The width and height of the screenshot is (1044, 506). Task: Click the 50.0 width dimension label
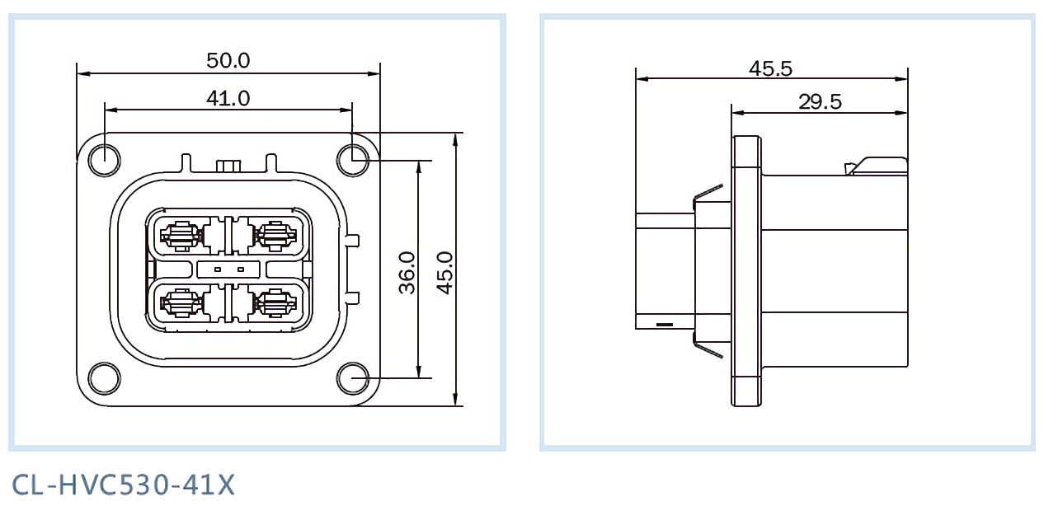coord(228,60)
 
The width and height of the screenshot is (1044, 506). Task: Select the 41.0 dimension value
coord(228,98)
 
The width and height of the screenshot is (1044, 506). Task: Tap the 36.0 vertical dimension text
coord(407,273)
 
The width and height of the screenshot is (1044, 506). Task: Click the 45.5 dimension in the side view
coord(770,68)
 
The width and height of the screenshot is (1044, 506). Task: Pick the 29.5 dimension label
coord(820,101)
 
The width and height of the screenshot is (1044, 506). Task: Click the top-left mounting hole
coord(104,160)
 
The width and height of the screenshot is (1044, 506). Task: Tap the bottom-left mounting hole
coord(104,379)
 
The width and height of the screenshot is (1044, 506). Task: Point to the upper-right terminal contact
coord(275,236)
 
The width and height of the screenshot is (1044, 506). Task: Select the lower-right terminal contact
coord(275,304)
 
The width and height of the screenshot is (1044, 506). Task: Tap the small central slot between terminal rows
coord(228,269)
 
